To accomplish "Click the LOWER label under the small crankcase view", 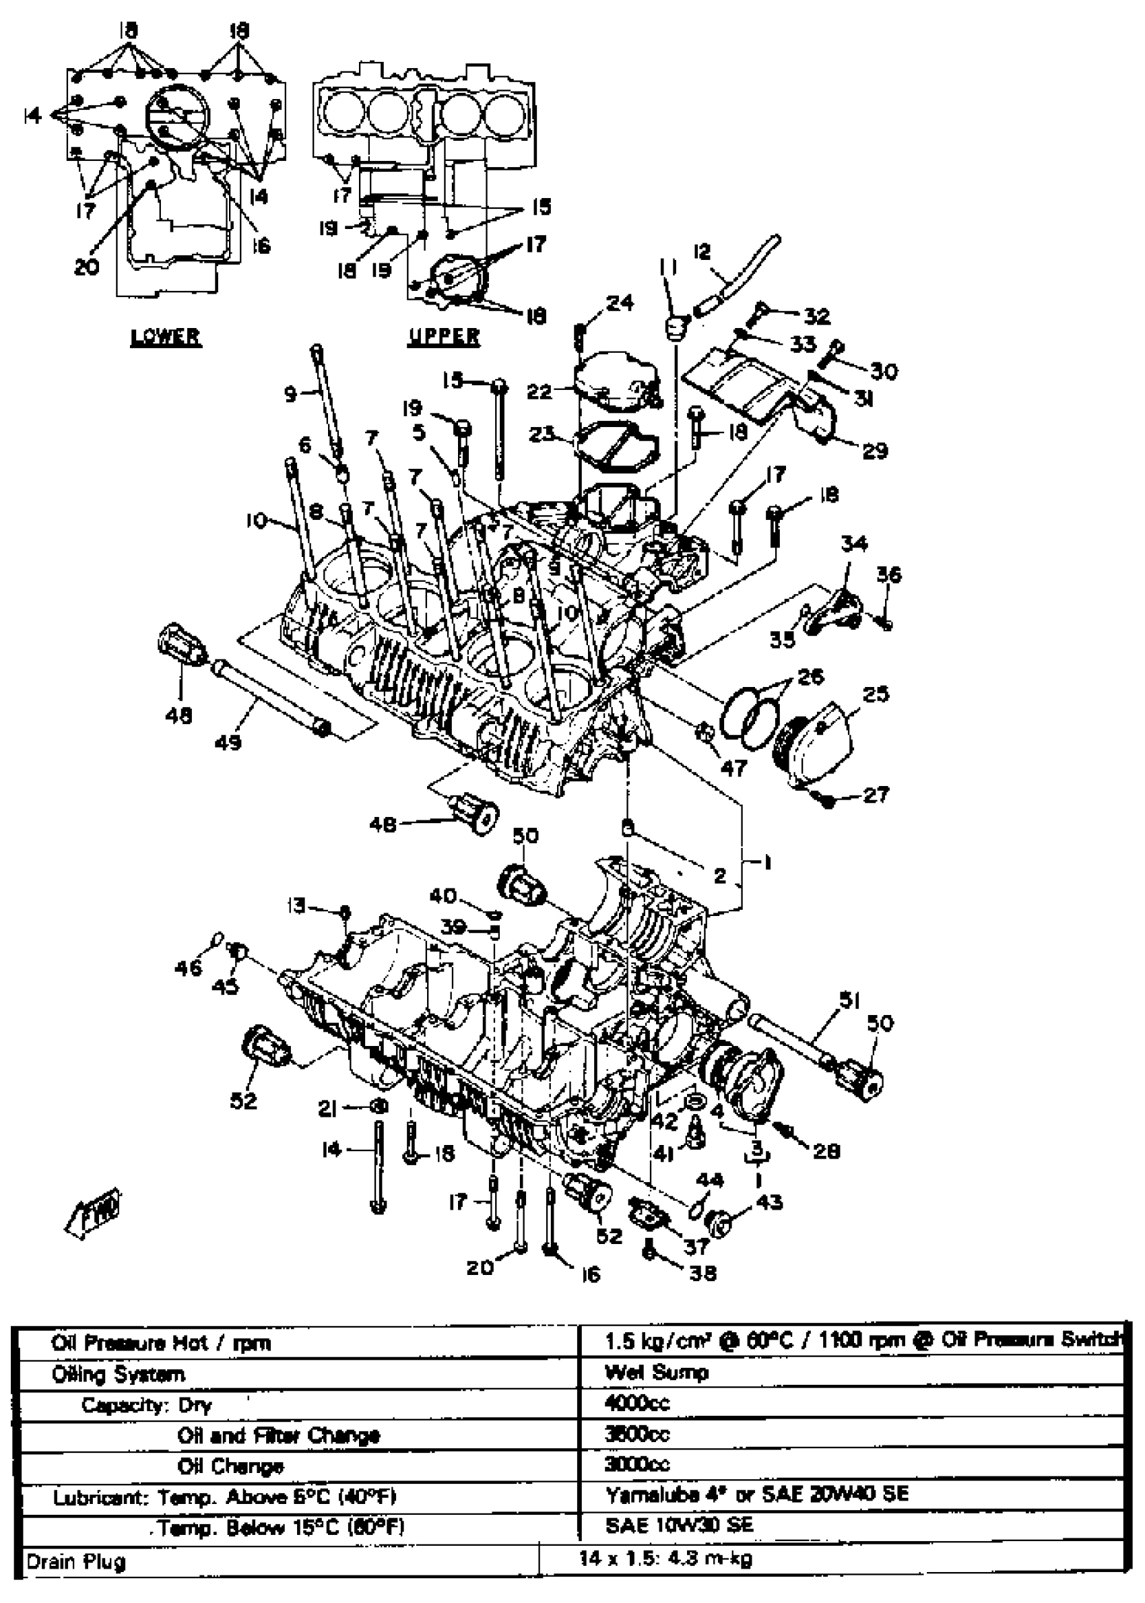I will click(x=165, y=336).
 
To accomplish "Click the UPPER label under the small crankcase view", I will click(x=443, y=336).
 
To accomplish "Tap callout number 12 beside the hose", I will click(x=702, y=253).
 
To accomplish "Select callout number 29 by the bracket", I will click(x=875, y=451).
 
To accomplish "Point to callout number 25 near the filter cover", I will click(x=875, y=694).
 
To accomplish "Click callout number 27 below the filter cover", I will click(x=876, y=795).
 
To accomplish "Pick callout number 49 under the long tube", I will click(x=227, y=742).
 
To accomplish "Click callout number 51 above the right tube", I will click(x=849, y=1000).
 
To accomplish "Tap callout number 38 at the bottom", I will click(x=703, y=1273).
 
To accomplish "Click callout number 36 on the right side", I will click(x=888, y=575).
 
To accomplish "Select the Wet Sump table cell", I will click(x=657, y=1373).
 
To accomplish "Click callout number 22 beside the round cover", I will click(x=540, y=391).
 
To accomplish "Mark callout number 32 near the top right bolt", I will click(x=817, y=316).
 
